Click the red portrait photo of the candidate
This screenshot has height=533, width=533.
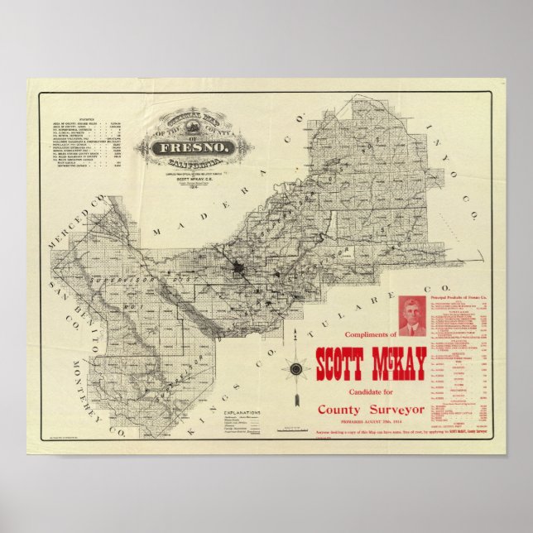(x=412, y=317)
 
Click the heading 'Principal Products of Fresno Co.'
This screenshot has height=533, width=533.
(x=462, y=296)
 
